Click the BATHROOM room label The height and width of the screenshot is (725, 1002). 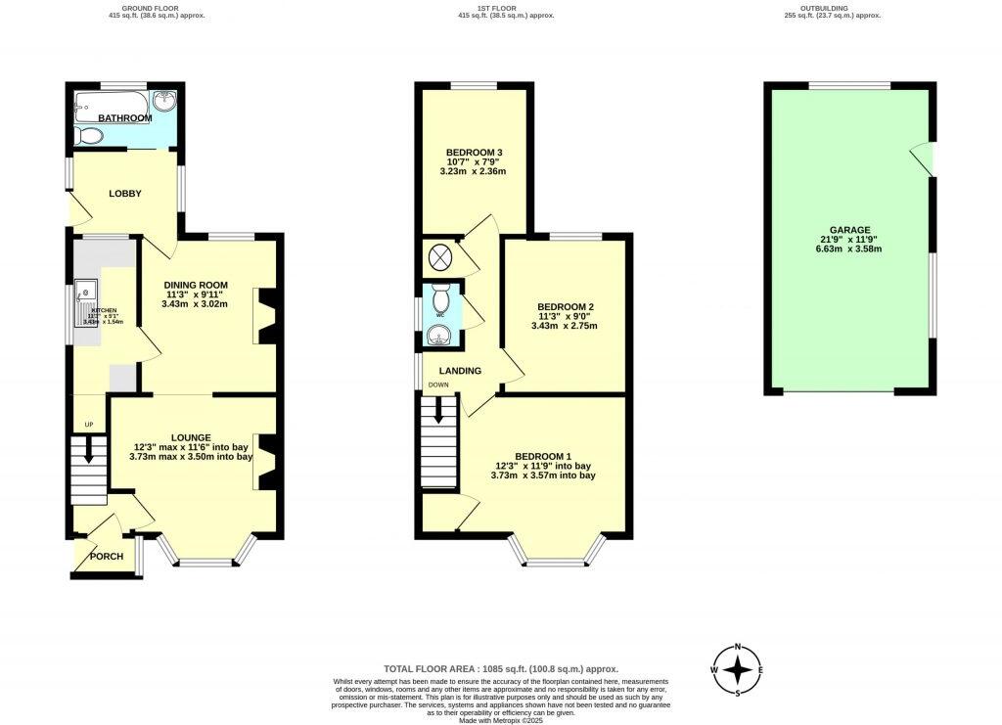coord(124,118)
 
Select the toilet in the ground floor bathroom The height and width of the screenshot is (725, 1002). coord(90,136)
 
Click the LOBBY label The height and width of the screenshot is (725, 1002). coord(125,194)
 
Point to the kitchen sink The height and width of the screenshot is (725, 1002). coord(86,291)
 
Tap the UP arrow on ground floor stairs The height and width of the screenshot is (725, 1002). coord(89,451)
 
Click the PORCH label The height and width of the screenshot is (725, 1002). coord(107,557)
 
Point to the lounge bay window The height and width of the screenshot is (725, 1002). coord(206,562)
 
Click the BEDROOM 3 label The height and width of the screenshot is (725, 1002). coord(474,153)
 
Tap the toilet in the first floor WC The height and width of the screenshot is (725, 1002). coord(441,297)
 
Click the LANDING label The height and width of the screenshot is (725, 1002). coord(460,371)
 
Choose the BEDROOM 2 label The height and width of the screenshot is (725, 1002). coord(566,306)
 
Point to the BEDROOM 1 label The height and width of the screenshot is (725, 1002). coord(543,456)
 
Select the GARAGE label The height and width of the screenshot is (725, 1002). coord(850,230)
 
